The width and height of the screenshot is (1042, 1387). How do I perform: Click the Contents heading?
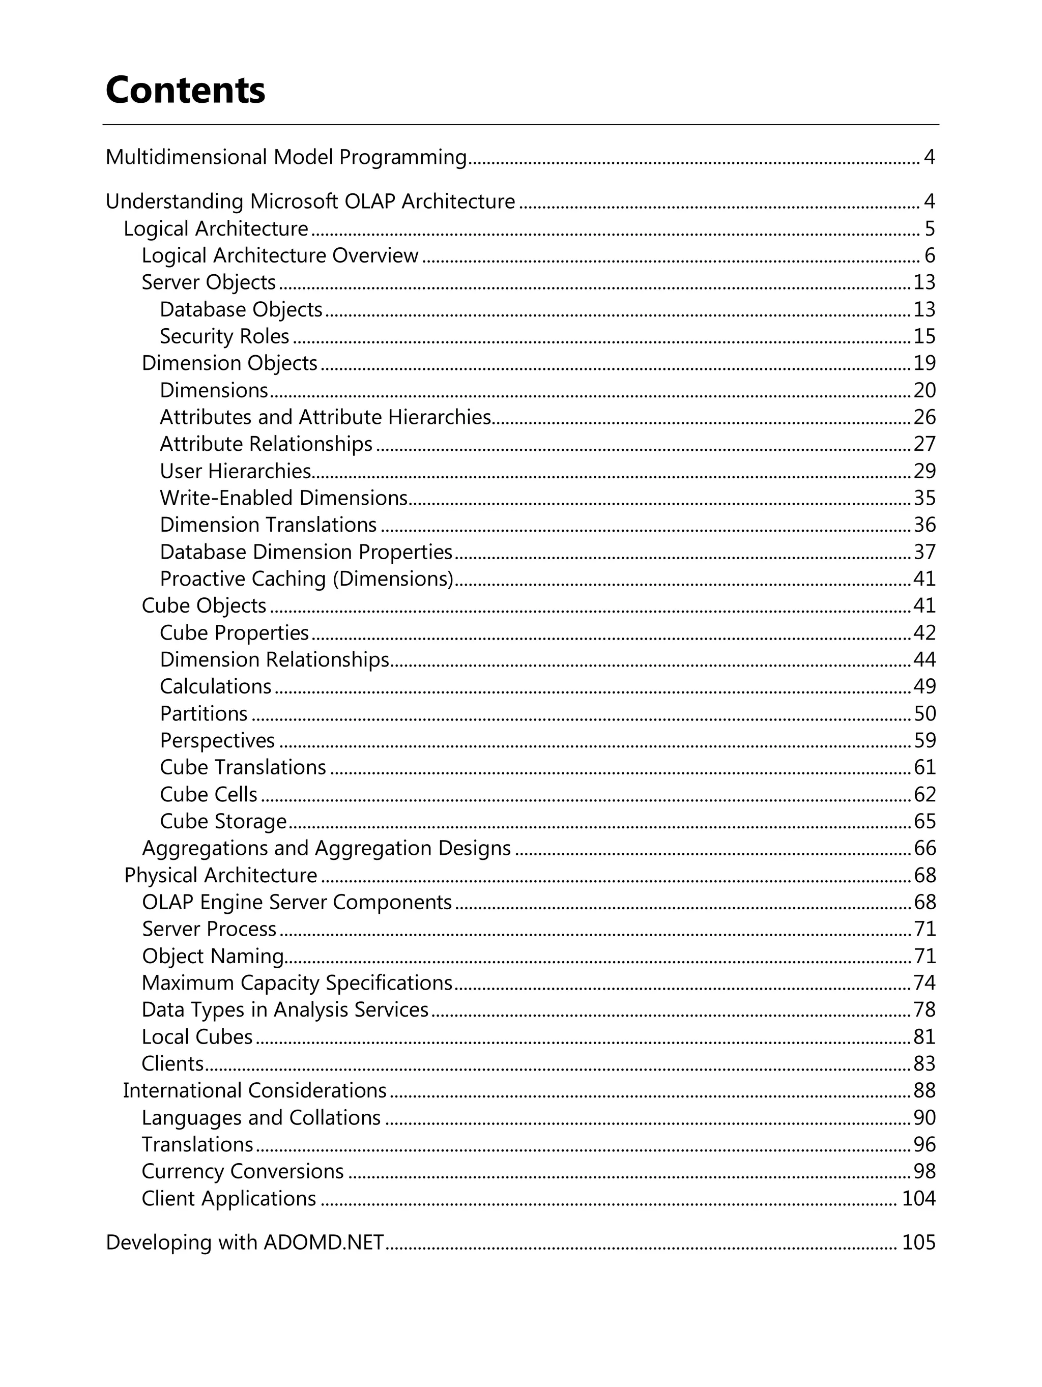pyautogui.click(x=185, y=90)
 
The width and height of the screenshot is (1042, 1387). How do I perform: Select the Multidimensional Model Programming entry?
pyautogui.click(x=286, y=157)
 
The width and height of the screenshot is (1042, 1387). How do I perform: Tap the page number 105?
pyautogui.click(x=918, y=1242)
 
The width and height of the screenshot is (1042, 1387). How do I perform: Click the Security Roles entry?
pyautogui.click(x=224, y=337)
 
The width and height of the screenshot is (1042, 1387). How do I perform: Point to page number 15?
pyautogui.click(x=924, y=337)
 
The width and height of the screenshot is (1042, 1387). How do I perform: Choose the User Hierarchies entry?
pyautogui.click(x=235, y=471)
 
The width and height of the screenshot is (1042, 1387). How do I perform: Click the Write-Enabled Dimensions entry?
pyautogui.click(x=283, y=498)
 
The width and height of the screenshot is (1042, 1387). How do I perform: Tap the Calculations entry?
pyautogui.click(x=215, y=686)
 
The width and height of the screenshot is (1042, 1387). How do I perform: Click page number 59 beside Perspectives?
pyautogui.click(x=924, y=740)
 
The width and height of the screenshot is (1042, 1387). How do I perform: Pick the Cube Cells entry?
pyautogui.click(x=208, y=794)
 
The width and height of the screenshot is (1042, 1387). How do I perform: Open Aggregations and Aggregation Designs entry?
pyautogui.click(x=326, y=848)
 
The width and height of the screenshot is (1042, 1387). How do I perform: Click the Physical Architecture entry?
pyautogui.click(x=220, y=875)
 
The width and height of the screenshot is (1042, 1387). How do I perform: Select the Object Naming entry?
pyautogui.click(x=213, y=956)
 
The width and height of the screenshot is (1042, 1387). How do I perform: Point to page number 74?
pyautogui.click(x=924, y=983)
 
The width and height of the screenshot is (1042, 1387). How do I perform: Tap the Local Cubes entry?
pyautogui.click(x=197, y=1036)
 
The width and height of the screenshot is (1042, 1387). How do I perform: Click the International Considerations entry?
pyautogui.click(x=254, y=1090)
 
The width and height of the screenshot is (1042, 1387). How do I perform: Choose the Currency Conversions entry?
pyautogui.click(x=242, y=1171)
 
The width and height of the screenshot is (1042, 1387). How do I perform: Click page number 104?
pyautogui.click(x=918, y=1198)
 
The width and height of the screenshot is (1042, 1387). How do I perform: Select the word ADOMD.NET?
pyautogui.click(x=323, y=1242)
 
